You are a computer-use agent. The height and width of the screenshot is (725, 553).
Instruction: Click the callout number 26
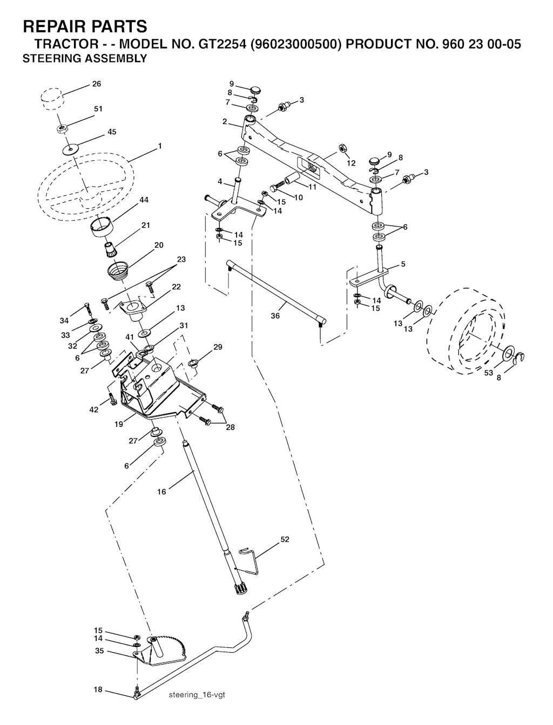97,84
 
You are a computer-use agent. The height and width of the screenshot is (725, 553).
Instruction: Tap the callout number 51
98,108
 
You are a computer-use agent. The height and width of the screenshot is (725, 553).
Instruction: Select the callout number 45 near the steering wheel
112,132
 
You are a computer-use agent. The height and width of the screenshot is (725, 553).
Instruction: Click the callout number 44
144,200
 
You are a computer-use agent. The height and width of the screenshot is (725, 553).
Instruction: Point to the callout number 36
275,316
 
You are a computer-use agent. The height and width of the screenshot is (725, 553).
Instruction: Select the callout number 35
99,651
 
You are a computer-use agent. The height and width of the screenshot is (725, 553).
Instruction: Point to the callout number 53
489,373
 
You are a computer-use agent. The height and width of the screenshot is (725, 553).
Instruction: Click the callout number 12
350,163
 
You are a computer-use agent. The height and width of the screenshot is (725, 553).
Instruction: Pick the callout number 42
94,409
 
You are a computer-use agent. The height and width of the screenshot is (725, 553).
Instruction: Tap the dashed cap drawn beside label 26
52,98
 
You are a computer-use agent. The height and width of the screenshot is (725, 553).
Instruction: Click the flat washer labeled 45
70,149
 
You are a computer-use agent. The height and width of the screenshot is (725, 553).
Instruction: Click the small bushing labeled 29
192,364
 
